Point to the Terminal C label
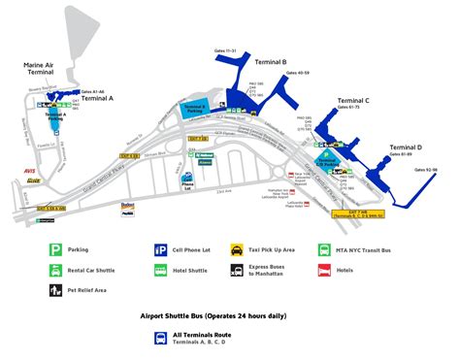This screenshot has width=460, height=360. [x=353, y=101]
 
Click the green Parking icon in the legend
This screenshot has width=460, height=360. [x=58, y=248]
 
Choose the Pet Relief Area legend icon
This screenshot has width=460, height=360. [x=58, y=289]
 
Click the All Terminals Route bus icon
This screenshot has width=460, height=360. [x=160, y=339]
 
